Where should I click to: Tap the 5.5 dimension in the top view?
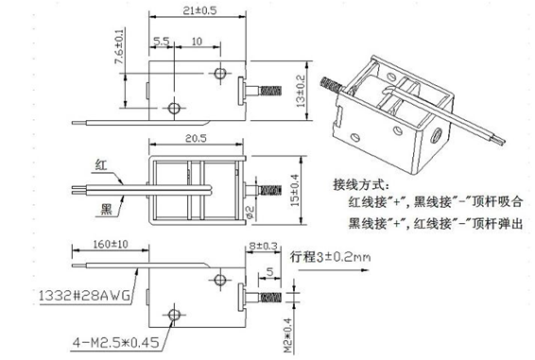tap(161, 43)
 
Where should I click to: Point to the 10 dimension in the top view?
tap(195, 43)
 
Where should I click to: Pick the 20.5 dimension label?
tap(196, 138)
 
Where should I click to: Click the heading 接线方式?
tap(361, 182)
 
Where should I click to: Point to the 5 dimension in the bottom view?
tap(270, 273)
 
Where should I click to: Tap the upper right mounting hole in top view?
tap(220, 73)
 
